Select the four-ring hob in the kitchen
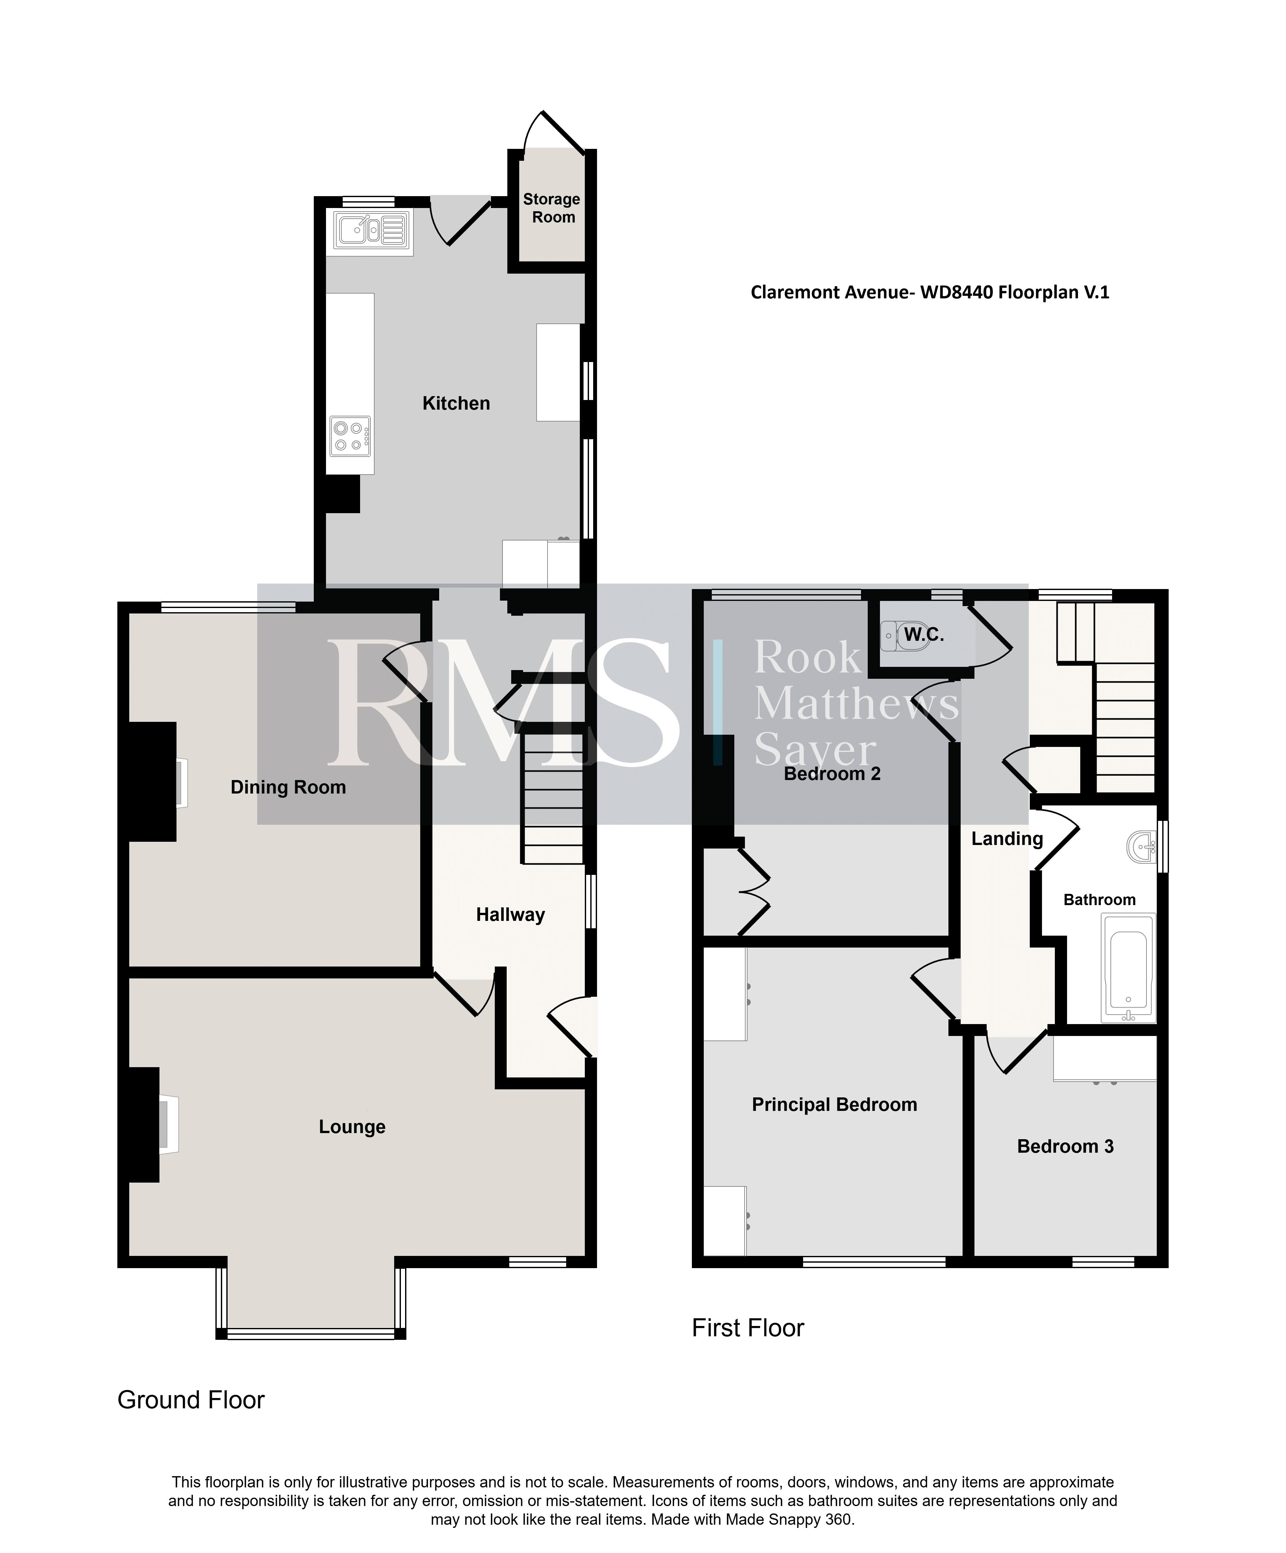click(x=350, y=436)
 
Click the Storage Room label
click(x=552, y=208)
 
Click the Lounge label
click(x=352, y=1127)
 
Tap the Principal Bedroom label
click(x=834, y=1105)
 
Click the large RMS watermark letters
click(x=503, y=703)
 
